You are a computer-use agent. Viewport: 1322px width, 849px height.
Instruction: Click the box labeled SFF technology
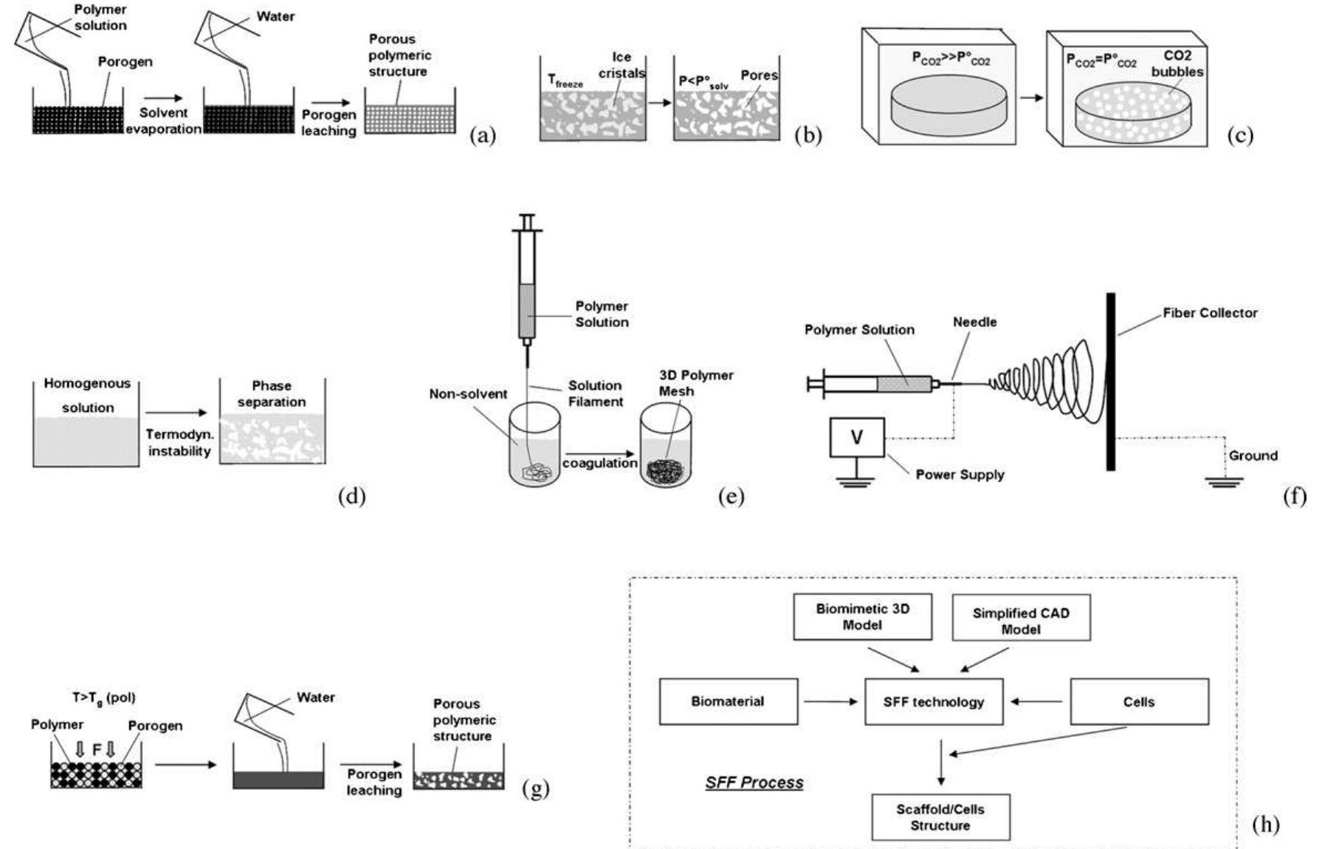[x=934, y=701]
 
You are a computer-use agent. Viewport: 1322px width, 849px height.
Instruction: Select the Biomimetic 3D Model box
[x=862, y=616]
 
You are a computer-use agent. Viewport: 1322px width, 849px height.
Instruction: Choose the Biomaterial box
[x=728, y=701]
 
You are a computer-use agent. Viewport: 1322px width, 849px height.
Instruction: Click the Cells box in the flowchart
[x=1139, y=701]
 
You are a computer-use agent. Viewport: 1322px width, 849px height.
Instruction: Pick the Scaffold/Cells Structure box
[x=940, y=817]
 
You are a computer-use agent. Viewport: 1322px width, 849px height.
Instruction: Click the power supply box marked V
[x=856, y=437]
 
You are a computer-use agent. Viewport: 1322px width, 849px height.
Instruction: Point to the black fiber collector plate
[x=1110, y=381]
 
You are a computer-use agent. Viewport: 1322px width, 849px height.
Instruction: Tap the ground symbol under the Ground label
[x=1225, y=481]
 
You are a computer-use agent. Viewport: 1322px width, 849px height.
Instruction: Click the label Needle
[x=974, y=322]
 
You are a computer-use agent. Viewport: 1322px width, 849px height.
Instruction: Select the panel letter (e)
[x=731, y=497]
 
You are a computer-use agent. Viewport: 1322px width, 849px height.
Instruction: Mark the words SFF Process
[x=754, y=783]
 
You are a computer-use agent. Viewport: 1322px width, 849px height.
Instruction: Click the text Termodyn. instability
[x=179, y=442]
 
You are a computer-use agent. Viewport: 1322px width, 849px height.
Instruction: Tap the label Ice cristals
[x=622, y=65]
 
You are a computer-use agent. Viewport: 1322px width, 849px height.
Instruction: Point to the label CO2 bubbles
[x=1177, y=63]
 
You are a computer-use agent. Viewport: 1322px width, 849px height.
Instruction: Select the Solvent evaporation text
[x=163, y=120]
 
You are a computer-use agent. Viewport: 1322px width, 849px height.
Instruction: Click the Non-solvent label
[x=468, y=394]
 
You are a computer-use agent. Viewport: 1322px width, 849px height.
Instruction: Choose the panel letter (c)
[x=1240, y=136]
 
